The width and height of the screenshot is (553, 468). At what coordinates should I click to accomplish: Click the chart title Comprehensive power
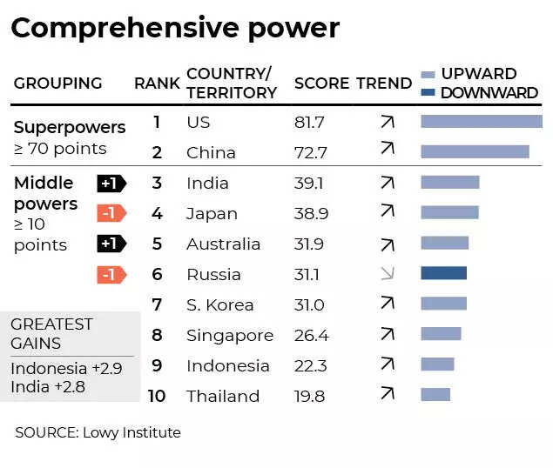174,28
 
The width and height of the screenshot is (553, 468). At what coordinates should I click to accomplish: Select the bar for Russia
443,273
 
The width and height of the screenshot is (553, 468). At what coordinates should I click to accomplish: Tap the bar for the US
481,122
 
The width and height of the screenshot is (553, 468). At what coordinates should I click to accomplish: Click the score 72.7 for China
311,152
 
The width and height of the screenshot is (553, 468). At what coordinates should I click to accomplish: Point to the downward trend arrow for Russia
388,274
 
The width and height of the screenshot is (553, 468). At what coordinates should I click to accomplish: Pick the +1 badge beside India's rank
111,183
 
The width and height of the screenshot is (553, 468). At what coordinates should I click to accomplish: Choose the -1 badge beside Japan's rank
111,213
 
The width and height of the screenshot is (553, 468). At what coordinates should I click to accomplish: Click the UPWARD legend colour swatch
428,74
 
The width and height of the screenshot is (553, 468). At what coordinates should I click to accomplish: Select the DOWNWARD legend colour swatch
428,92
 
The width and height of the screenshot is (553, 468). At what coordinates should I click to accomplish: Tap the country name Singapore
230,335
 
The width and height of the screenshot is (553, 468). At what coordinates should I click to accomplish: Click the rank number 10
157,396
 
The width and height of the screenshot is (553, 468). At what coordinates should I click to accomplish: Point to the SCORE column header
321,84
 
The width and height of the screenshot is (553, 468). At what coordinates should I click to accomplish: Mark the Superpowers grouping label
70,127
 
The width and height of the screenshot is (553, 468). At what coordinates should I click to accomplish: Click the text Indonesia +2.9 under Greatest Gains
66,368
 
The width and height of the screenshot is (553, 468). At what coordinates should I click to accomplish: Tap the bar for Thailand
435,394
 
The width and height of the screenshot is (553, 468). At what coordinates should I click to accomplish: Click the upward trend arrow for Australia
388,244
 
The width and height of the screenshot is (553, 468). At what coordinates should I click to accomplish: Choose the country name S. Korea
220,304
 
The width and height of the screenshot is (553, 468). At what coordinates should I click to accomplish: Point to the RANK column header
157,84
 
